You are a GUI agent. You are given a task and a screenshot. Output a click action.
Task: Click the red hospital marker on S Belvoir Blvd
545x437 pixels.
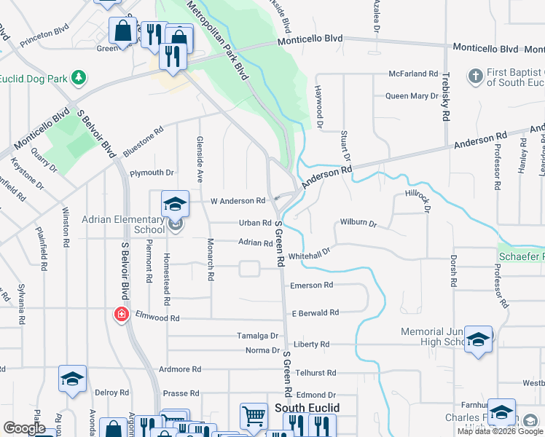tap(121, 315)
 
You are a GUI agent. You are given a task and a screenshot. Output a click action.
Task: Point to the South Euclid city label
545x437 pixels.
tap(304, 408)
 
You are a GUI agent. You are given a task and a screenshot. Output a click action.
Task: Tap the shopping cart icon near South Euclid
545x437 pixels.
tap(254, 417)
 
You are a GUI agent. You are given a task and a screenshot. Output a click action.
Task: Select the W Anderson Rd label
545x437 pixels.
tap(238, 201)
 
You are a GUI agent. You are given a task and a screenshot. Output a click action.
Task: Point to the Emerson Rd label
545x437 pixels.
tap(311, 286)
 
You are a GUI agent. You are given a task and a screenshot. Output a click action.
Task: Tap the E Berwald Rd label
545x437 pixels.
tap(315, 312)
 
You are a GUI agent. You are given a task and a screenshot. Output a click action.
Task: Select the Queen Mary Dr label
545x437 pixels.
tap(411, 96)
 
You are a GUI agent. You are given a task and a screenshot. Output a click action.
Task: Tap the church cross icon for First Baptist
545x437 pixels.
tap(475, 75)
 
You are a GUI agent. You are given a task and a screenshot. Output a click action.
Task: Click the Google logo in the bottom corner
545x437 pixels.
tap(25, 428)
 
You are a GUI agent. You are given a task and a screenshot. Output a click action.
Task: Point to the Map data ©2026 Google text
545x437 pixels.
tap(500, 431)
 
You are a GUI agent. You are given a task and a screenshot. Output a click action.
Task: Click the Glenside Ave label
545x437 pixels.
tap(199, 159)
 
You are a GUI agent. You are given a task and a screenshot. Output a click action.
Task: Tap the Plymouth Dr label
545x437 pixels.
tap(152, 173)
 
